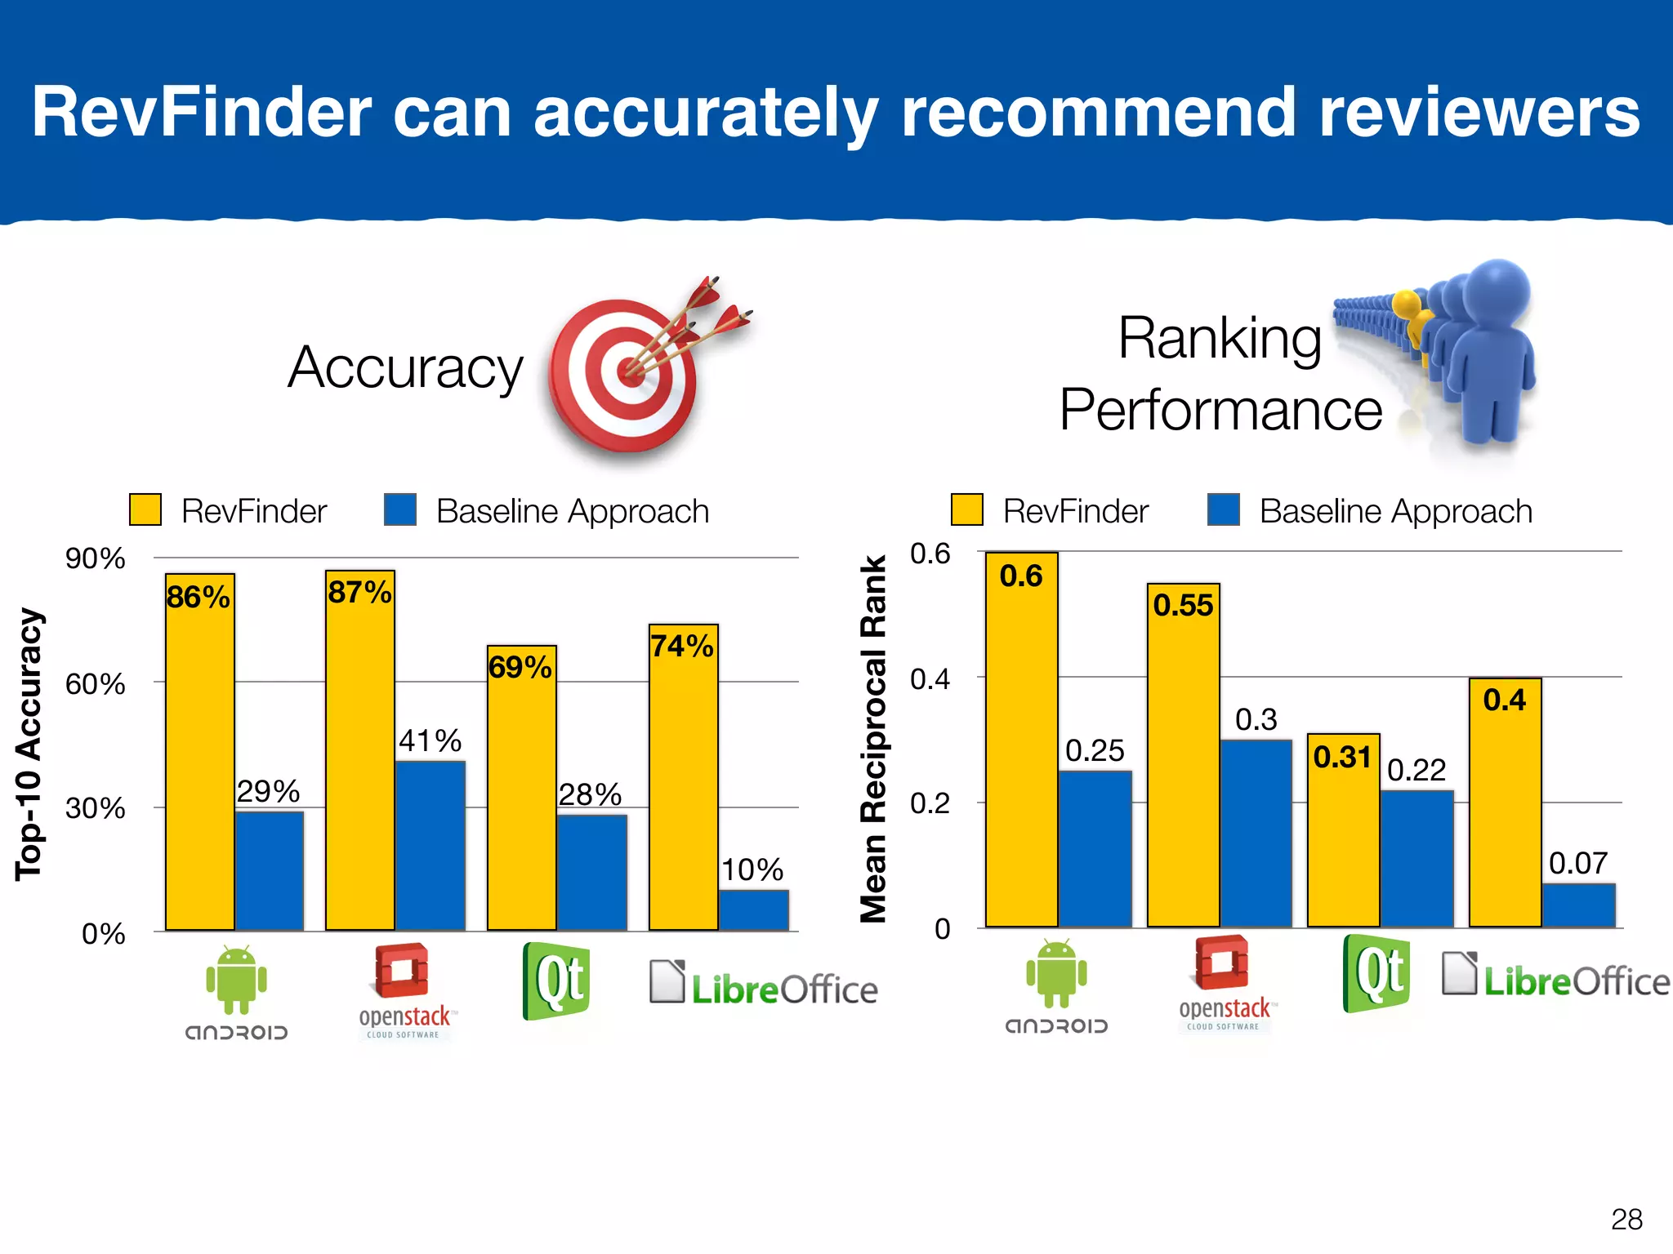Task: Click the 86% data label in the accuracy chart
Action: (198, 597)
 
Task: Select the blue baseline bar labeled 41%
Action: (431, 845)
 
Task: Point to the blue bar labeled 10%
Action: (754, 909)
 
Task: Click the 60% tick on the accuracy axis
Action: (96, 683)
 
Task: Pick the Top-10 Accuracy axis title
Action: (29, 744)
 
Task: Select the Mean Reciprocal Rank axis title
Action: (873, 739)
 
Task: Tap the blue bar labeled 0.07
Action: (1579, 905)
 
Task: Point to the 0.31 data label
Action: (1342, 757)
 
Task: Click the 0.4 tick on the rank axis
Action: (930, 678)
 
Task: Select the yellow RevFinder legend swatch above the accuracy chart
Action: (145, 510)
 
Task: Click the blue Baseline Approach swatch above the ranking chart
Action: (1223, 510)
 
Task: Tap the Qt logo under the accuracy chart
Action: (556, 980)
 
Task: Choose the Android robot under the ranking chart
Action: (1056, 973)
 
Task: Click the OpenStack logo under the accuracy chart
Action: (404, 990)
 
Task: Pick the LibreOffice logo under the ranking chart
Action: (1555, 977)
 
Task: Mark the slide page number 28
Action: (1626, 1220)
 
